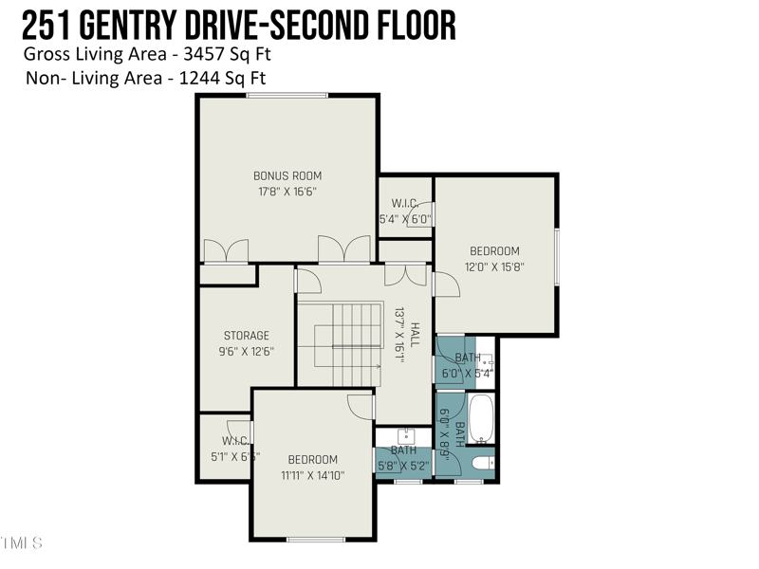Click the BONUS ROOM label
point(287,175)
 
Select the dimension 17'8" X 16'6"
point(287,191)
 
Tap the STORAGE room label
point(247,335)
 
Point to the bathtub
point(482,420)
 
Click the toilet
point(483,463)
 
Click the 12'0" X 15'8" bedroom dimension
point(495,266)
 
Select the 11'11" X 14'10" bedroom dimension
point(313,475)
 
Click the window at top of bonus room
point(287,95)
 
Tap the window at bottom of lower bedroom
point(316,539)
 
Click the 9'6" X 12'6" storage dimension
point(247,350)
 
